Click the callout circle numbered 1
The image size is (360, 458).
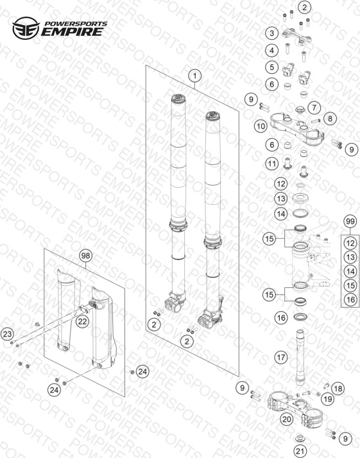pyautogui.click(x=194, y=76)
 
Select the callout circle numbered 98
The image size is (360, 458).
pyautogui.click(x=85, y=256)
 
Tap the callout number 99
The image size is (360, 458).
pyautogui.click(x=350, y=222)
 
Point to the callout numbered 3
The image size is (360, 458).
pyautogui.click(x=272, y=33)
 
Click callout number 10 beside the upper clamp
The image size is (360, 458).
pyautogui.click(x=261, y=126)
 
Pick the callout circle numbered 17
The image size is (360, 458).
pyautogui.click(x=281, y=357)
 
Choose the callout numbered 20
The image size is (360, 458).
pyautogui.click(x=286, y=419)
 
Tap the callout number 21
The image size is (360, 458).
pyautogui.click(x=300, y=452)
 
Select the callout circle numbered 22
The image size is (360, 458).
pyautogui.click(x=82, y=322)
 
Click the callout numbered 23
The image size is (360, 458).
pyautogui.click(x=7, y=334)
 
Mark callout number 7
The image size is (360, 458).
pyautogui.click(x=314, y=107)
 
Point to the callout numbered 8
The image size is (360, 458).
pyautogui.click(x=330, y=119)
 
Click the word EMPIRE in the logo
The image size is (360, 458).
pyautogui.click(x=72, y=31)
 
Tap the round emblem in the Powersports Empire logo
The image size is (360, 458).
pyautogui.click(x=26, y=28)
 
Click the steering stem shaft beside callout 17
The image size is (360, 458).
pyautogui.click(x=300, y=357)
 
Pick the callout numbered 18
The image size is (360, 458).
pyautogui.click(x=338, y=389)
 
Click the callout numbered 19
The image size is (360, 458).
pyautogui.click(x=328, y=399)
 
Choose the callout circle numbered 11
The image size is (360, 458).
pyautogui.click(x=272, y=164)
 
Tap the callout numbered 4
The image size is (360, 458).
pyautogui.click(x=272, y=50)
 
